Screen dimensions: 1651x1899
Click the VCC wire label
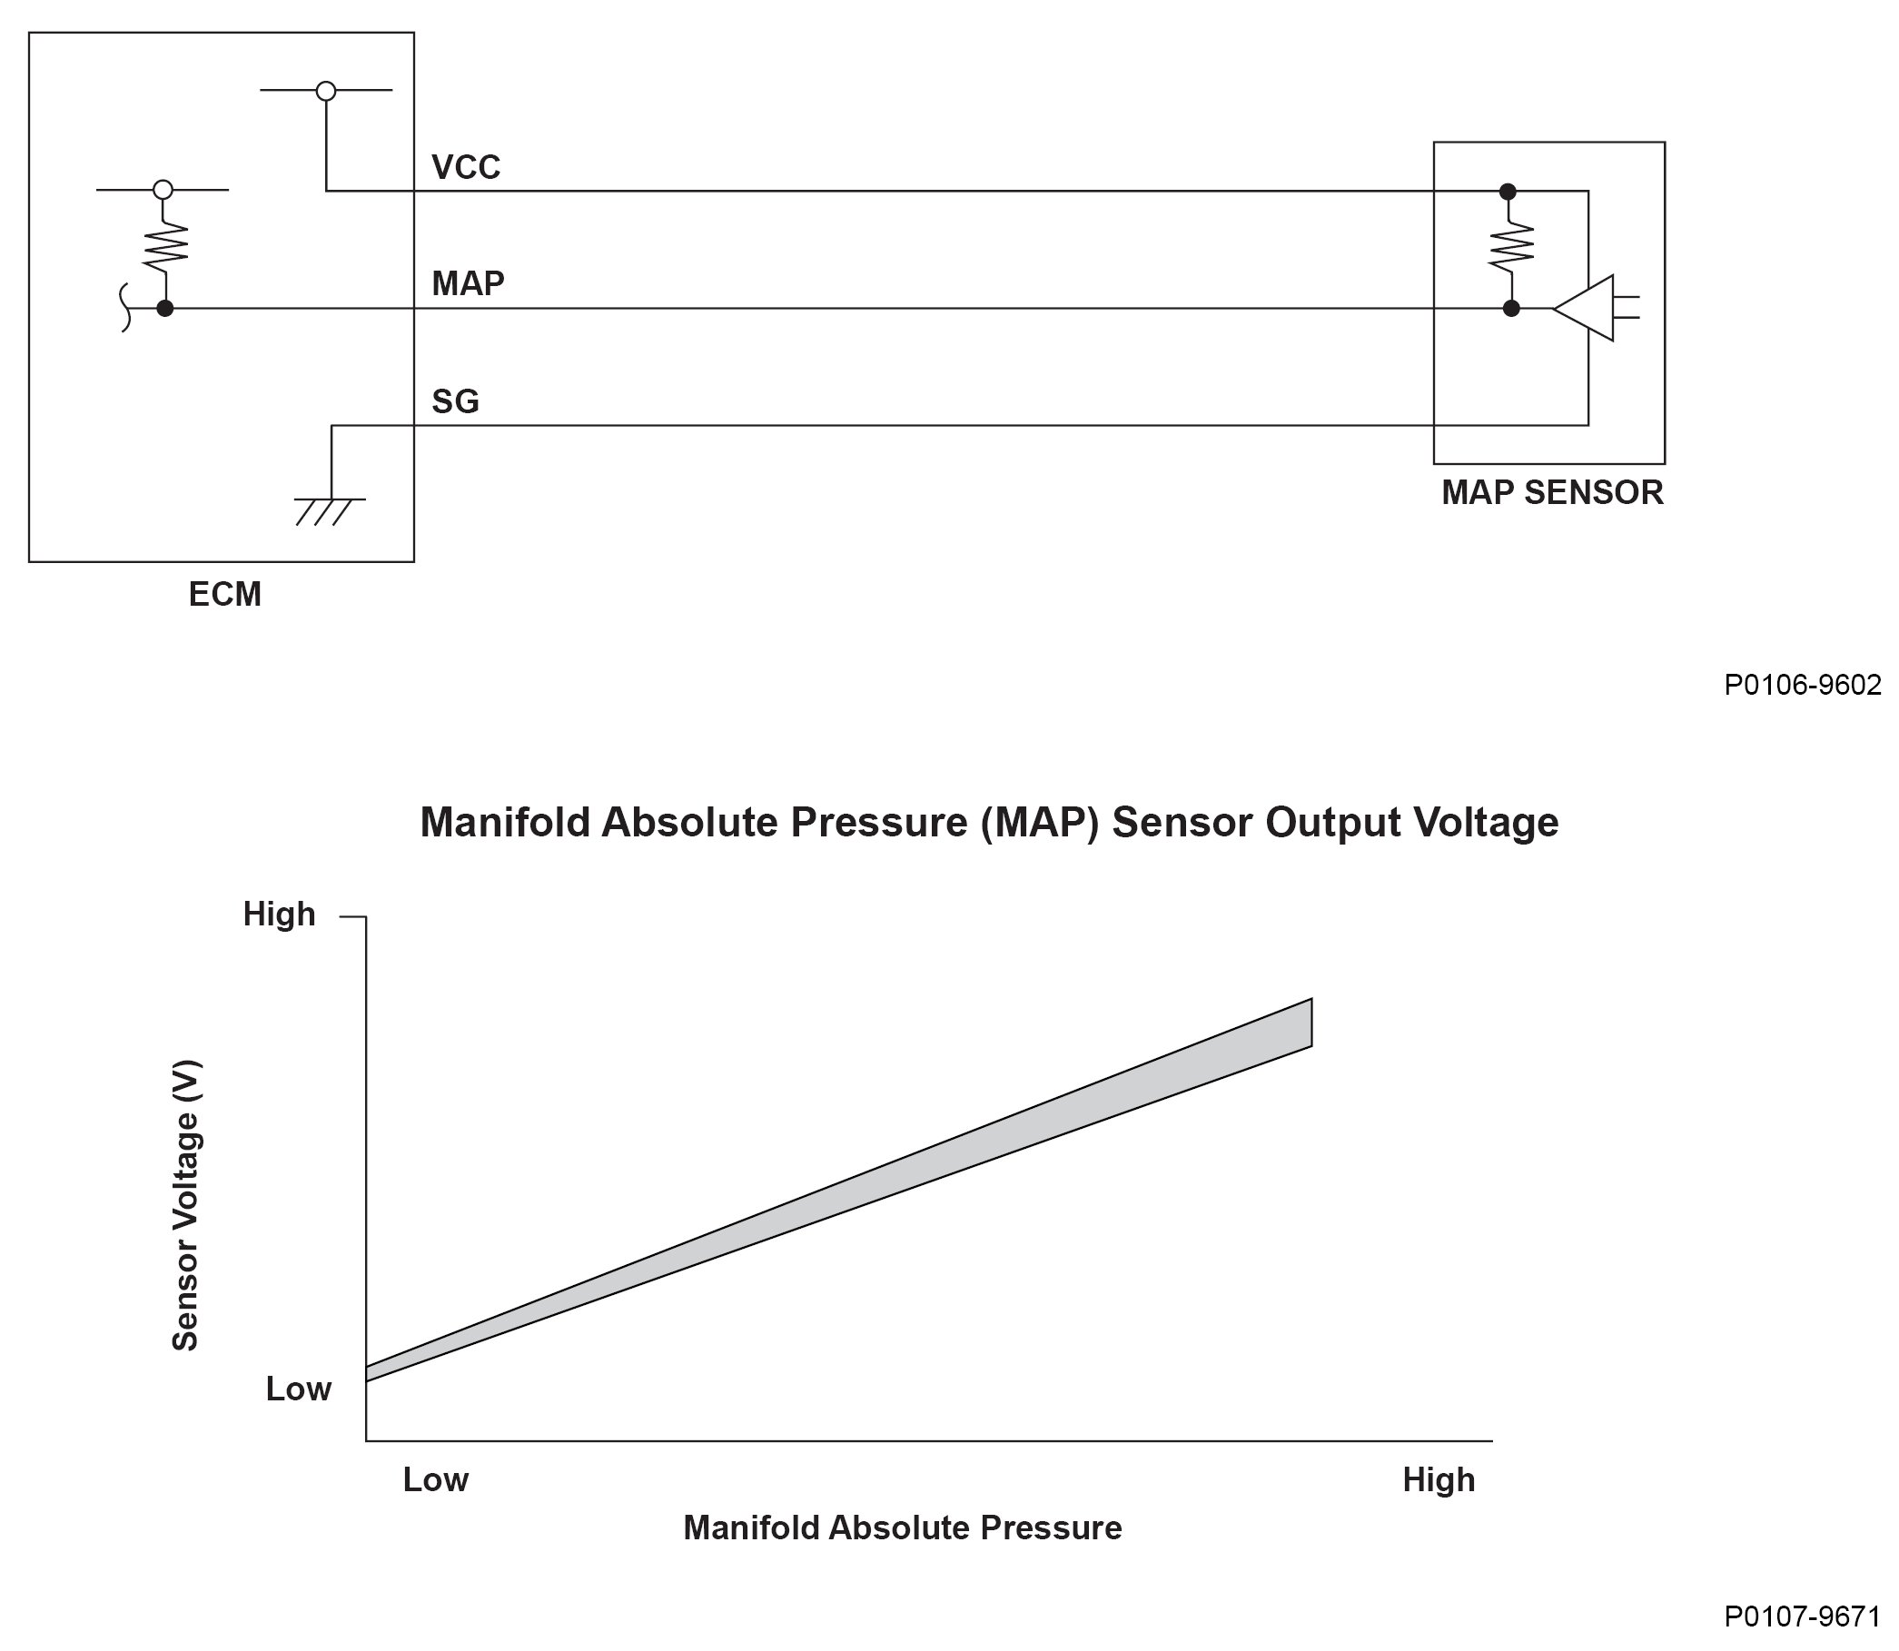pyautogui.click(x=465, y=168)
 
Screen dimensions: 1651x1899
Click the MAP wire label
pyautogui.click(x=468, y=283)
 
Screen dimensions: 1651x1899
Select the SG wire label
pyautogui.click(x=455, y=401)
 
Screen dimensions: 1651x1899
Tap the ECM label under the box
pyautogui.click(x=225, y=595)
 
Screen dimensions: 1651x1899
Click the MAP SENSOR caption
pyautogui.click(x=1552, y=493)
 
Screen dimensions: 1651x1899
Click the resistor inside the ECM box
pyautogui.click(x=165, y=247)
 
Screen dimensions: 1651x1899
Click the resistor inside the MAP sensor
pyautogui.click(x=1511, y=247)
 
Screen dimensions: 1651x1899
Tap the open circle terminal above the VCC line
pyautogui.click(x=325, y=91)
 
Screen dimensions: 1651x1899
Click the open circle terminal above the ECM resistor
pyautogui.click(x=163, y=190)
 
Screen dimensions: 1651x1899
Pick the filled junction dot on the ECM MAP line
pyautogui.click(x=165, y=309)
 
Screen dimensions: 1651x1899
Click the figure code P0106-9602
pyautogui.click(x=1801, y=686)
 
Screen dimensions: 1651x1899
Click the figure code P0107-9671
pyautogui.click(x=1801, y=1616)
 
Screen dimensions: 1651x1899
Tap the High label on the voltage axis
pyautogui.click(x=279, y=914)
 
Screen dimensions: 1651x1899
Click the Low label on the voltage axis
pyautogui.click(x=298, y=1389)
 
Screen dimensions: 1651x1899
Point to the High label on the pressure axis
pyautogui.click(x=1439, y=1480)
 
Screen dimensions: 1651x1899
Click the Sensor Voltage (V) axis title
pyautogui.click(x=185, y=1207)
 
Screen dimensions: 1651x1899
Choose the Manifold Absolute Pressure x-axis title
pyautogui.click(x=902, y=1528)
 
